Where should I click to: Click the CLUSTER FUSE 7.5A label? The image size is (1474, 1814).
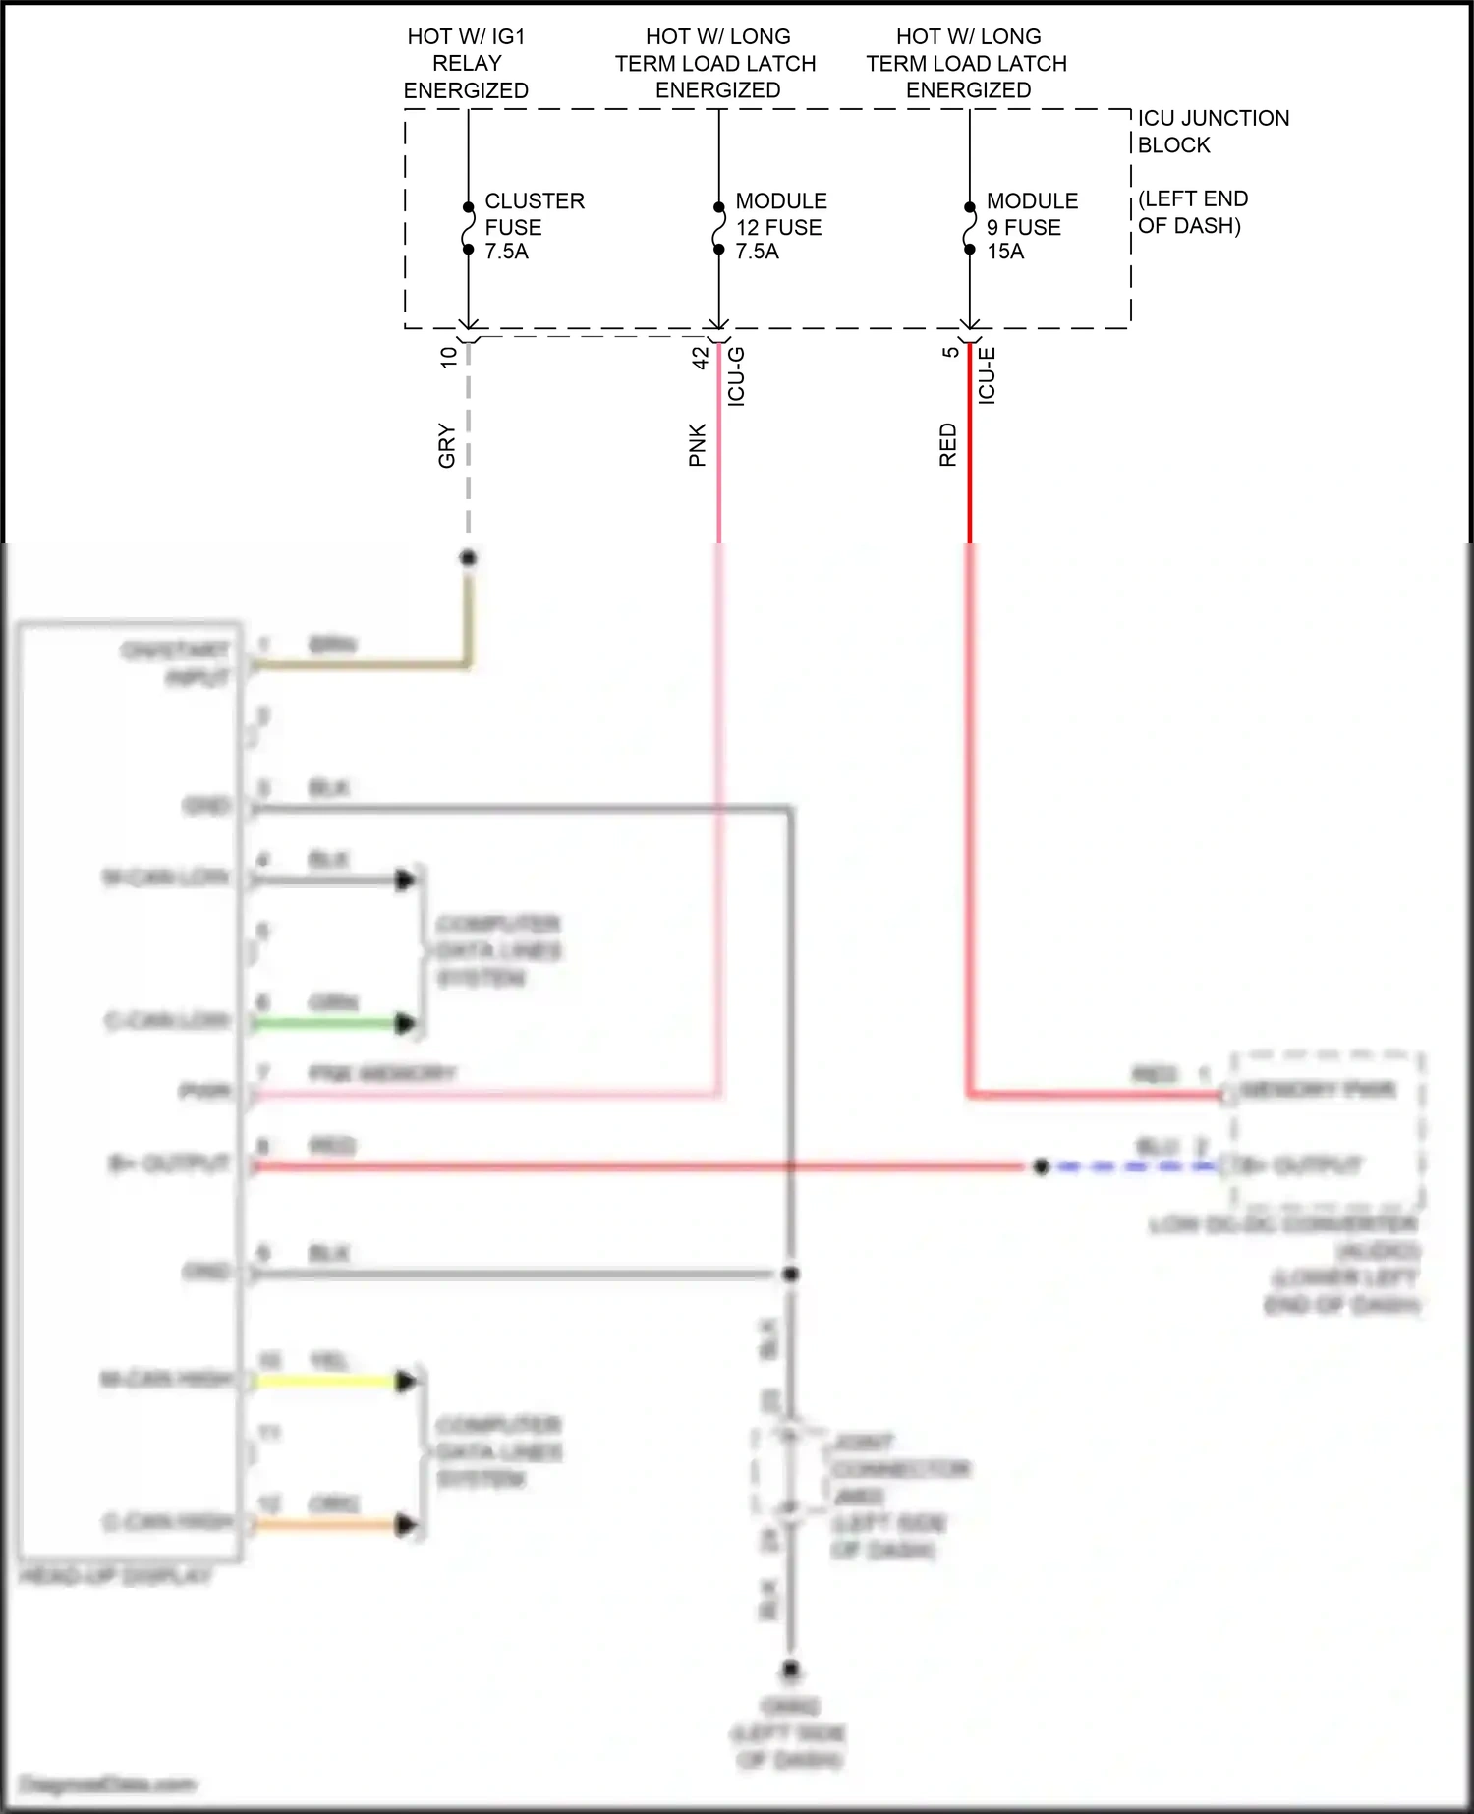pyautogui.click(x=534, y=226)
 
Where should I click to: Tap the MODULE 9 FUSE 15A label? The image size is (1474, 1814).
pyautogui.click(x=1031, y=226)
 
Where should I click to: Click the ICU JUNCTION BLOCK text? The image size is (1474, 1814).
pyautogui.click(x=1212, y=132)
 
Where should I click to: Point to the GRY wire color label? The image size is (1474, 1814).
pyautogui.click(x=447, y=445)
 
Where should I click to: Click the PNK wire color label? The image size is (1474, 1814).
pyautogui.click(x=698, y=445)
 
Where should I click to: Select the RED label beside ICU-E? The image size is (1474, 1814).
pyautogui.click(x=948, y=445)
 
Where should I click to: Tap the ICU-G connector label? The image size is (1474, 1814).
pyautogui.click(x=736, y=376)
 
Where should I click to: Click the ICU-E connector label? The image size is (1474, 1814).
pyautogui.click(x=987, y=376)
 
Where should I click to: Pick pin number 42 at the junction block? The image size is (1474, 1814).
pyautogui.click(x=701, y=357)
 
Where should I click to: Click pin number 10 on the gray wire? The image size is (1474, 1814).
pyautogui.click(x=449, y=357)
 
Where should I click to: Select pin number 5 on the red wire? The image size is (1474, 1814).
pyautogui.click(x=950, y=352)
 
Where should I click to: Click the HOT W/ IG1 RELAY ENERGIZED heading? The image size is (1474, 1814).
pyautogui.click(x=467, y=64)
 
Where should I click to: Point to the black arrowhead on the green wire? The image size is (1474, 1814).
pyautogui.click(x=404, y=1024)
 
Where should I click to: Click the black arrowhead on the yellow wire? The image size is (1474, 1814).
pyautogui.click(x=404, y=1382)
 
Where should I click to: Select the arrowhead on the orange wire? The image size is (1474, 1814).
pyautogui.click(x=404, y=1525)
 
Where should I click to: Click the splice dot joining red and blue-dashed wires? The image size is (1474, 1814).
pyautogui.click(x=1042, y=1167)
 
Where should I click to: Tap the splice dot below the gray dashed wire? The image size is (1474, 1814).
pyautogui.click(x=469, y=558)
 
